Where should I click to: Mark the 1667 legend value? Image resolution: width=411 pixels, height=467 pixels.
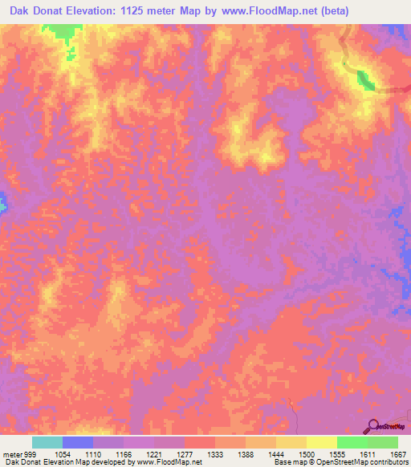click(x=398, y=453)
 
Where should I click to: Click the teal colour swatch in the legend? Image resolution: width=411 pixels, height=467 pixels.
click(x=47, y=442)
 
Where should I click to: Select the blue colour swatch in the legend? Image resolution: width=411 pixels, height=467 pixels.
click(x=78, y=442)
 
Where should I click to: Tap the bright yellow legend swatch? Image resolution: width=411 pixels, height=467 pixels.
click(x=321, y=442)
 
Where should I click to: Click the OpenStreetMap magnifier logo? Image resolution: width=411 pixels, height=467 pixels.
click(x=375, y=426)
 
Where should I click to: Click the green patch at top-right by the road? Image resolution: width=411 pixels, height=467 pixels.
click(x=365, y=80)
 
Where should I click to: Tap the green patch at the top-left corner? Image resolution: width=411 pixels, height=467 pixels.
click(x=61, y=32)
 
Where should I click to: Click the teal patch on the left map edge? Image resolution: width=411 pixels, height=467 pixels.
click(x=2, y=202)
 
